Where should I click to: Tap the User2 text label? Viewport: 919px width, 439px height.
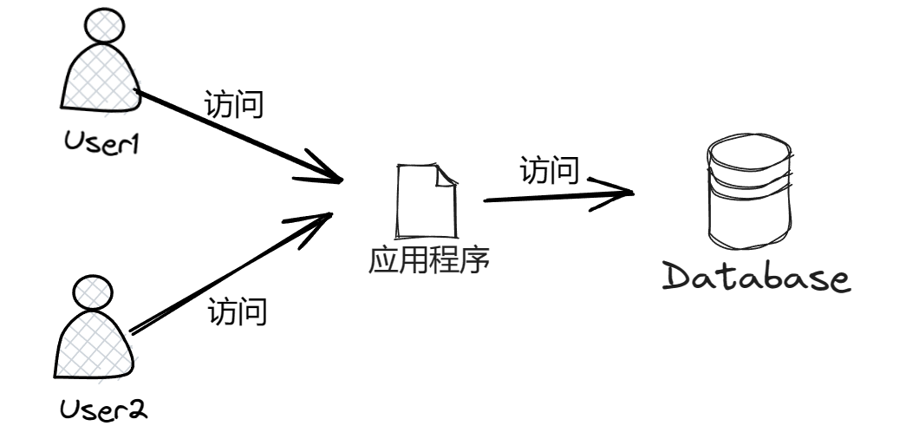103,407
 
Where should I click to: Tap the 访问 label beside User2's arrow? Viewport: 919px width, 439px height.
237,311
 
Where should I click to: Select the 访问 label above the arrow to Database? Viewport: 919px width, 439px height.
550,170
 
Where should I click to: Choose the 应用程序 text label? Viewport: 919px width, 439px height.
430,259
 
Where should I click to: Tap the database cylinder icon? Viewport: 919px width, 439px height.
748,195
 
